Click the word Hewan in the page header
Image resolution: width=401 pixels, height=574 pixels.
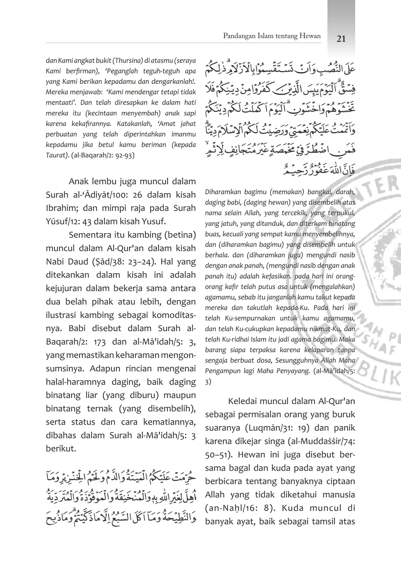coord(310,36)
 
